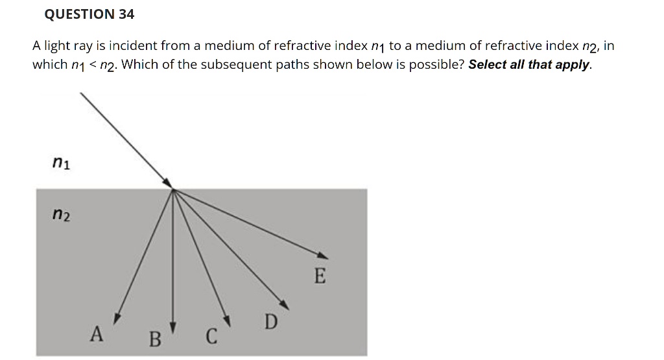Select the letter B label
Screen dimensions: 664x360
point(154,338)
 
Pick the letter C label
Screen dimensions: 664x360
point(210,337)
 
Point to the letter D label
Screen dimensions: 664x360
point(271,321)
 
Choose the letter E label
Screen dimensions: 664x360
point(319,276)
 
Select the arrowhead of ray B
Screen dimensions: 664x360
point(173,326)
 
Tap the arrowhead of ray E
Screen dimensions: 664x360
point(323,255)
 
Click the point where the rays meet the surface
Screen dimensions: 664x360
point(173,189)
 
